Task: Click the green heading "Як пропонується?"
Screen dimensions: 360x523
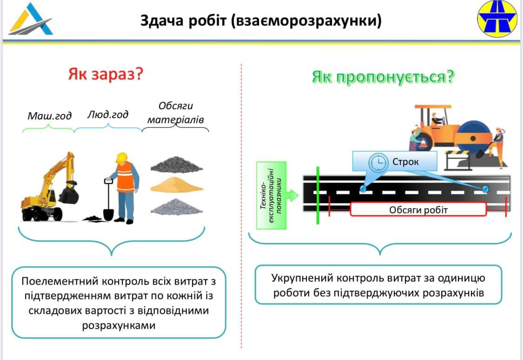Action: (x=382, y=77)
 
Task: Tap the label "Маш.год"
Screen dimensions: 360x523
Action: (x=49, y=115)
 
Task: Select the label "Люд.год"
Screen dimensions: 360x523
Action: (x=108, y=114)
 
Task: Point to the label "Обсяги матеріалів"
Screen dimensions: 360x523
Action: (x=176, y=113)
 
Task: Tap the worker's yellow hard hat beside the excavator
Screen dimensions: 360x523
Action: (x=121, y=158)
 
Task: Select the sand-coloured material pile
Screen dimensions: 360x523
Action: (x=177, y=185)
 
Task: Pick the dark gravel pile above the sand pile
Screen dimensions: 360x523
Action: (x=177, y=164)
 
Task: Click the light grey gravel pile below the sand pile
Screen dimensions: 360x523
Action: (x=177, y=206)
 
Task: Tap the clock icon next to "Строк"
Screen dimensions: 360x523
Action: (x=378, y=162)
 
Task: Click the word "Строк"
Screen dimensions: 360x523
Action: (x=406, y=162)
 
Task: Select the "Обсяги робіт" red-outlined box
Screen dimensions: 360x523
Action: (x=418, y=210)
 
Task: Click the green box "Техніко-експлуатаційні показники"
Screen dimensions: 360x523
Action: (x=271, y=196)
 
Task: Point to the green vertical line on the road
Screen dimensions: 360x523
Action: (x=318, y=195)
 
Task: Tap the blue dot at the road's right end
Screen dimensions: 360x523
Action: (x=485, y=189)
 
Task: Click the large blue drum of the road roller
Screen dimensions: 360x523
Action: (x=473, y=138)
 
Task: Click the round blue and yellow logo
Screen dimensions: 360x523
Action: (x=497, y=19)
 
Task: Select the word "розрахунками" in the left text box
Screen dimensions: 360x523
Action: (x=119, y=326)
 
